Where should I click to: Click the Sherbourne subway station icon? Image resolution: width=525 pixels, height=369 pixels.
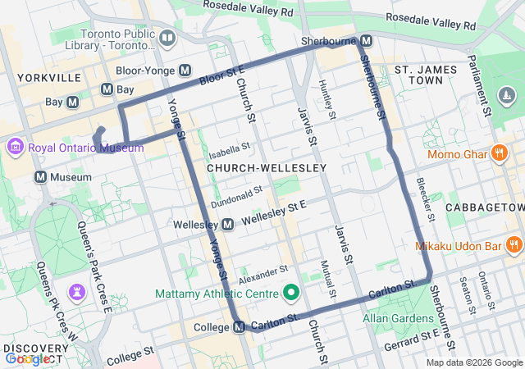click(x=366, y=40)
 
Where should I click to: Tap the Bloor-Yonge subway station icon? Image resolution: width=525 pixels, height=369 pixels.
click(x=185, y=71)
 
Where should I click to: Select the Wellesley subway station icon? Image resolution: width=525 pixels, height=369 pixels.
click(x=228, y=224)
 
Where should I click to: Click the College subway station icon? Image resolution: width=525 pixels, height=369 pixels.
click(x=239, y=327)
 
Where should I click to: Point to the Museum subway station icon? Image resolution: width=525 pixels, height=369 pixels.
click(x=40, y=177)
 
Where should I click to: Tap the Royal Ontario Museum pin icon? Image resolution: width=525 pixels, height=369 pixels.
click(x=15, y=148)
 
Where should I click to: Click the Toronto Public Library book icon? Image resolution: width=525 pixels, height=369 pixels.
click(x=167, y=38)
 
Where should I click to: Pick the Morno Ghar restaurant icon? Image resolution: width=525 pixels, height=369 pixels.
click(x=499, y=153)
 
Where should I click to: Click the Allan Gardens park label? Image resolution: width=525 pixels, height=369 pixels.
click(x=399, y=318)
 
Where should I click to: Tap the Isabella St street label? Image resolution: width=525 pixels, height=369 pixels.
click(x=229, y=150)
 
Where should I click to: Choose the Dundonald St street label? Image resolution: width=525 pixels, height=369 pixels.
click(x=236, y=196)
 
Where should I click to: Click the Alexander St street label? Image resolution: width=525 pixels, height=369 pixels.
click(x=263, y=275)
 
